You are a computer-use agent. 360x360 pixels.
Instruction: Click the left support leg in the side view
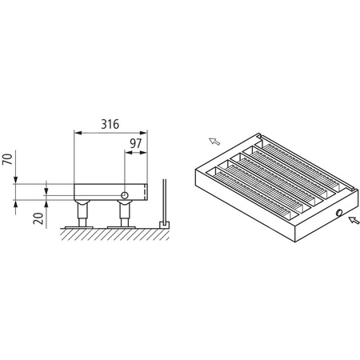coord(81,213)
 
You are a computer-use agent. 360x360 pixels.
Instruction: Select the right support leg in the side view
coord(125,213)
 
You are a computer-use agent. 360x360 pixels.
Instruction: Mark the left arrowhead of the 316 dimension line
coord(76,133)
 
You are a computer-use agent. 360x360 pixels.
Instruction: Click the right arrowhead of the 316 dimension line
coord(146,133)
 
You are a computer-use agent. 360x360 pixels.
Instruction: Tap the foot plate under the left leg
coord(81,226)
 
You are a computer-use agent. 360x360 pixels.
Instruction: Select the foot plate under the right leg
coord(125,226)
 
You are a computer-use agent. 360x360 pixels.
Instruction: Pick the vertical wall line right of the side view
coord(163,200)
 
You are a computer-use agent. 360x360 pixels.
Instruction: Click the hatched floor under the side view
coord(112,234)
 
